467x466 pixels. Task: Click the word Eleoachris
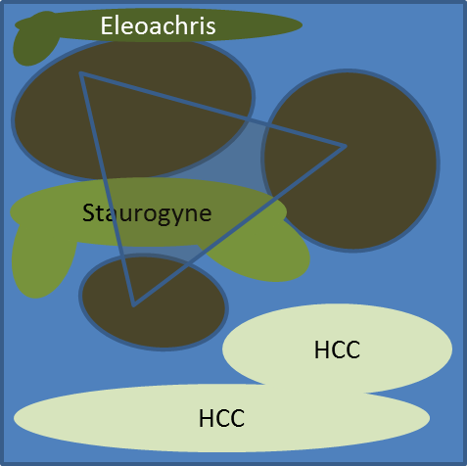[x=158, y=25]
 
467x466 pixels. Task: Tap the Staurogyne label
[x=147, y=213]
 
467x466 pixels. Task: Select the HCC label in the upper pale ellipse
[x=337, y=349]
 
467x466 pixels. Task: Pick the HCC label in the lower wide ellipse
[x=221, y=418]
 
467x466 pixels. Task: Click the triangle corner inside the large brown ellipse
[x=81, y=74]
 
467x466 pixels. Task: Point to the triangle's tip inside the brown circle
[x=346, y=147]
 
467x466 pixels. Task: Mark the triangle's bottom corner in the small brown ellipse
[x=133, y=304]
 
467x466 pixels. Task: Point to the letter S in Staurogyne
[x=88, y=212]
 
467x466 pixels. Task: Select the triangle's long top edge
[x=213, y=111]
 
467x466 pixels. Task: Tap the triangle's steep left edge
[x=107, y=189]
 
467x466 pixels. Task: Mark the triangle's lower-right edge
[x=239, y=226]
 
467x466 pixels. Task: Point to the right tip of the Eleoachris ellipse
[x=302, y=24]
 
